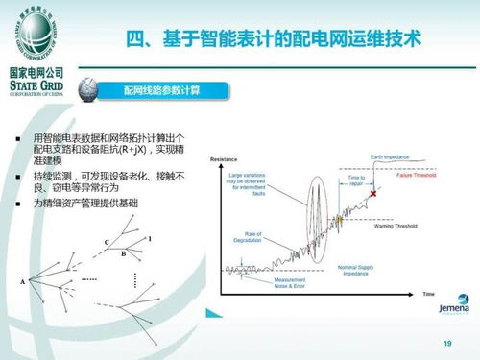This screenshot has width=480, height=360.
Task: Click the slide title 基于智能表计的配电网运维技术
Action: click(274, 40)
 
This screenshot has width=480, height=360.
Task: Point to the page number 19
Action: click(446, 344)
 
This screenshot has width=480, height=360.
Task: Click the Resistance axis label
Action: click(224, 156)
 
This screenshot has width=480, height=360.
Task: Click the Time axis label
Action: click(428, 292)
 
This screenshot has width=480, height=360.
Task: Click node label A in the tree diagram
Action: click(22, 282)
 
